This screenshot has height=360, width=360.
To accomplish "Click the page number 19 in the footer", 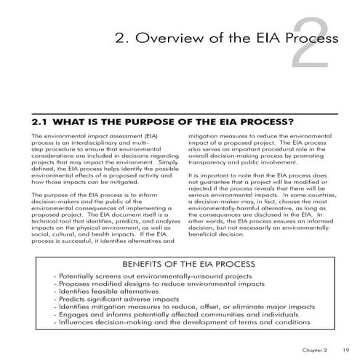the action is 346,350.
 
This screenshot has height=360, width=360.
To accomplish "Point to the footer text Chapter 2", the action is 316,350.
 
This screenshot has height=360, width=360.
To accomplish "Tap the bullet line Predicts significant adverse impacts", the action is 119,298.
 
